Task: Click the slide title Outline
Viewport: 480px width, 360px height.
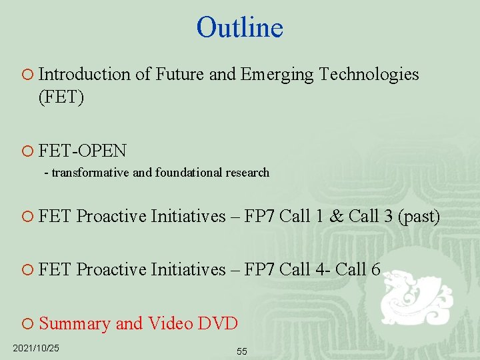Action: tap(240, 27)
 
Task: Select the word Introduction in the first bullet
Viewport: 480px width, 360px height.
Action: tap(85, 74)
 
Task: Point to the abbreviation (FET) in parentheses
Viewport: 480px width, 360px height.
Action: tap(61, 97)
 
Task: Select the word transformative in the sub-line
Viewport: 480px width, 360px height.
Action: tap(91, 173)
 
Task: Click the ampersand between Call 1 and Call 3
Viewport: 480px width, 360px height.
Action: tap(337, 217)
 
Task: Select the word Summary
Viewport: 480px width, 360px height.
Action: tap(75, 323)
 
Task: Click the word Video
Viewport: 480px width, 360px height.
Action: tap(170, 323)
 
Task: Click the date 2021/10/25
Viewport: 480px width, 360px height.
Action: tap(36, 348)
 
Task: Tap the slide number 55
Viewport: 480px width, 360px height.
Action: tap(241, 351)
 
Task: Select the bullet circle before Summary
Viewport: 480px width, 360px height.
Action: tap(27, 324)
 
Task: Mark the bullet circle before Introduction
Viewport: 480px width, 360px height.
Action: tap(27, 75)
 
